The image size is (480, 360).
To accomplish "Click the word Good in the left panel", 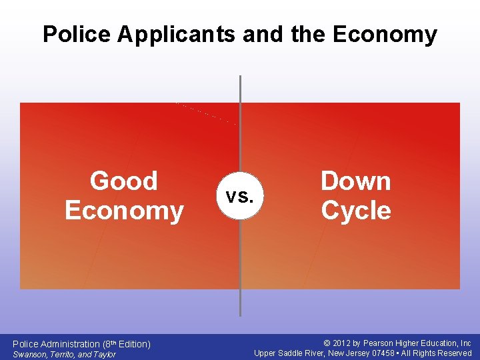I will click(x=124, y=181).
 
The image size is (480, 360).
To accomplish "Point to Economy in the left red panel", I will click(x=124, y=211).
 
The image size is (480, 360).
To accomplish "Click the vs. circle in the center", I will click(x=239, y=197).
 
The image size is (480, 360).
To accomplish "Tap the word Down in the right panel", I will click(x=355, y=181).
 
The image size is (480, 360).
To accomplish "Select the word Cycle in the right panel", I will click(x=355, y=211).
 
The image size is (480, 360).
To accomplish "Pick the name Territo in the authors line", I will click(x=62, y=354).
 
